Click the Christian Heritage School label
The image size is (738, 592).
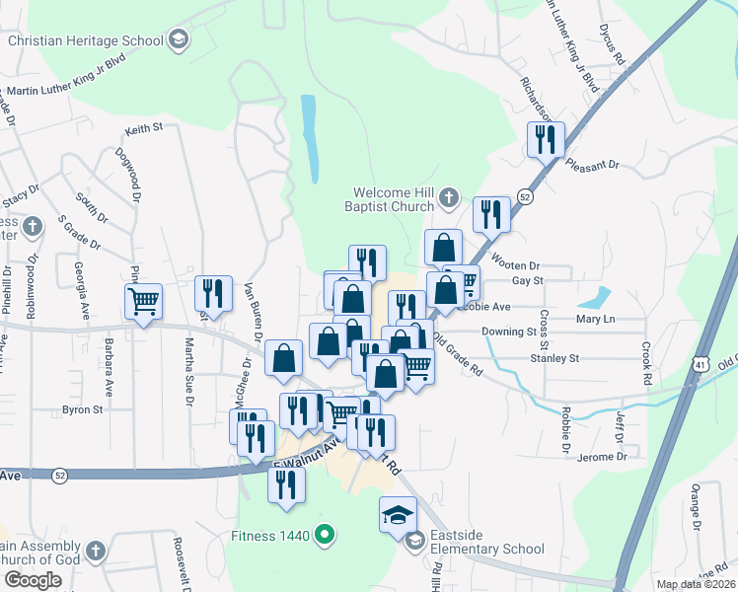click(85, 40)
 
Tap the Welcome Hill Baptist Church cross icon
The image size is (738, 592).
click(447, 195)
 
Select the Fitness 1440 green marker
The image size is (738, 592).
click(322, 536)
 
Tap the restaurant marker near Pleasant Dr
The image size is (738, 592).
click(546, 139)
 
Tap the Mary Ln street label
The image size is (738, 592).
click(595, 320)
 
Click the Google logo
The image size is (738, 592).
click(33, 580)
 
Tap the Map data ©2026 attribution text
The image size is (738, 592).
click(695, 584)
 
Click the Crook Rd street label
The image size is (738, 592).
click(647, 363)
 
